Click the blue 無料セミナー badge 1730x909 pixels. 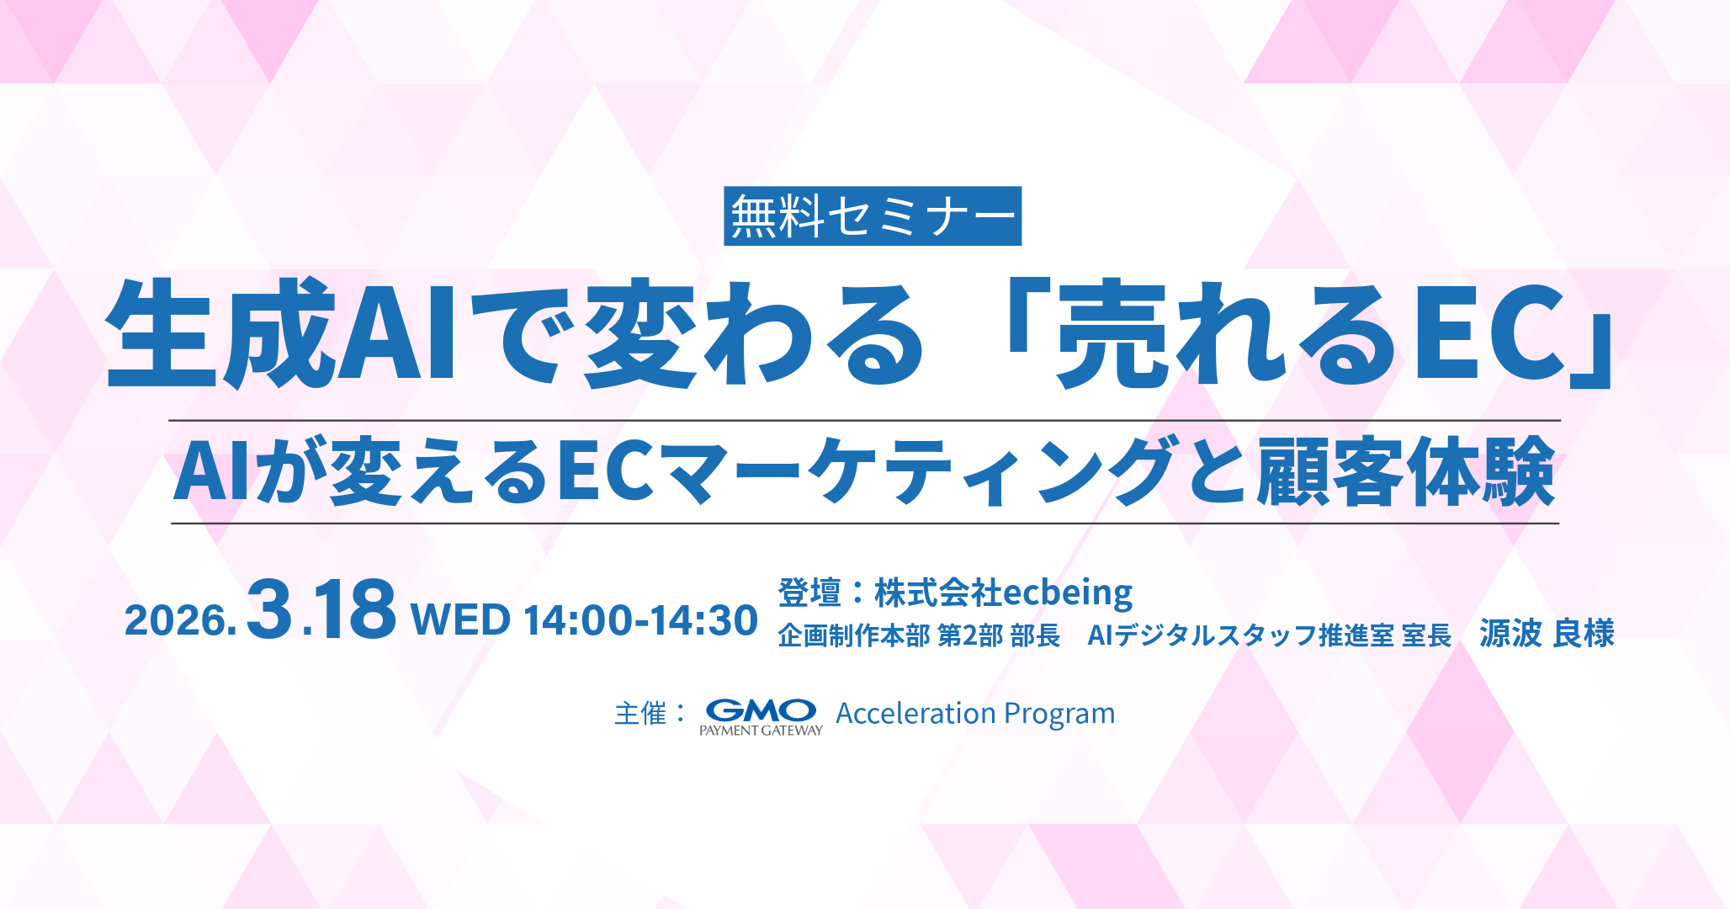pyautogui.click(x=873, y=216)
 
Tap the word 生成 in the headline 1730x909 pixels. pyautogui.click(x=220, y=333)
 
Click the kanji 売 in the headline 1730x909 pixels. pyautogui.click(x=1113, y=333)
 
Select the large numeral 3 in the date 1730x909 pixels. pyautogui.click(x=270, y=608)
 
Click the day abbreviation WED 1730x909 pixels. pyautogui.click(x=460, y=619)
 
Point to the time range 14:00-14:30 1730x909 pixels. pyautogui.click(x=640, y=619)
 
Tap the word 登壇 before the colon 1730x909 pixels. pyautogui.click(x=809, y=593)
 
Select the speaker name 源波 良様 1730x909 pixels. pyautogui.click(x=1547, y=634)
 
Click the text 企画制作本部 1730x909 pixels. pyautogui.click(x=853, y=635)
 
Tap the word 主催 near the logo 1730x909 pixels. pyautogui.click(x=640, y=714)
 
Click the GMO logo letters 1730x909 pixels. pyautogui.click(x=761, y=710)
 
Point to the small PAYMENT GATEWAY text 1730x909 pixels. pyautogui.click(x=761, y=731)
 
